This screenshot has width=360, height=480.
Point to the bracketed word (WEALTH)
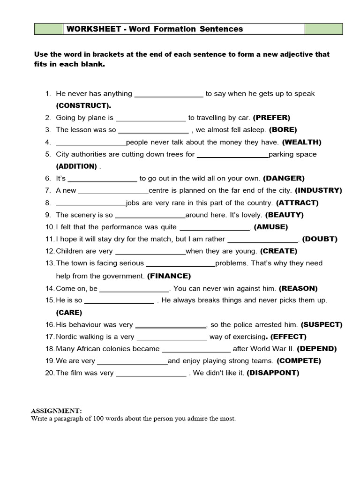coord(301,142)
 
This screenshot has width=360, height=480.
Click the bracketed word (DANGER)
coord(284,178)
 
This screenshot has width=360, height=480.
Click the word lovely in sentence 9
coord(252,215)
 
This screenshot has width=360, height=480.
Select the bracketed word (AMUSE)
coord(270,227)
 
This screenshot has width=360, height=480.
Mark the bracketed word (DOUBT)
coord(320,239)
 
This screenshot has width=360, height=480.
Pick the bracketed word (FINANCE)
coord(169,276)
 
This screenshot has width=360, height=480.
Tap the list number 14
coord(50,288)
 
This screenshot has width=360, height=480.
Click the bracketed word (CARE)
coord(69,313)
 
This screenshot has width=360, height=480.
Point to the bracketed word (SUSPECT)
coord(322,324)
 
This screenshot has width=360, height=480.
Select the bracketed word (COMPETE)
coord(299,361)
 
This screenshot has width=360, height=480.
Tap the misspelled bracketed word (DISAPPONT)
coord(273,373)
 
